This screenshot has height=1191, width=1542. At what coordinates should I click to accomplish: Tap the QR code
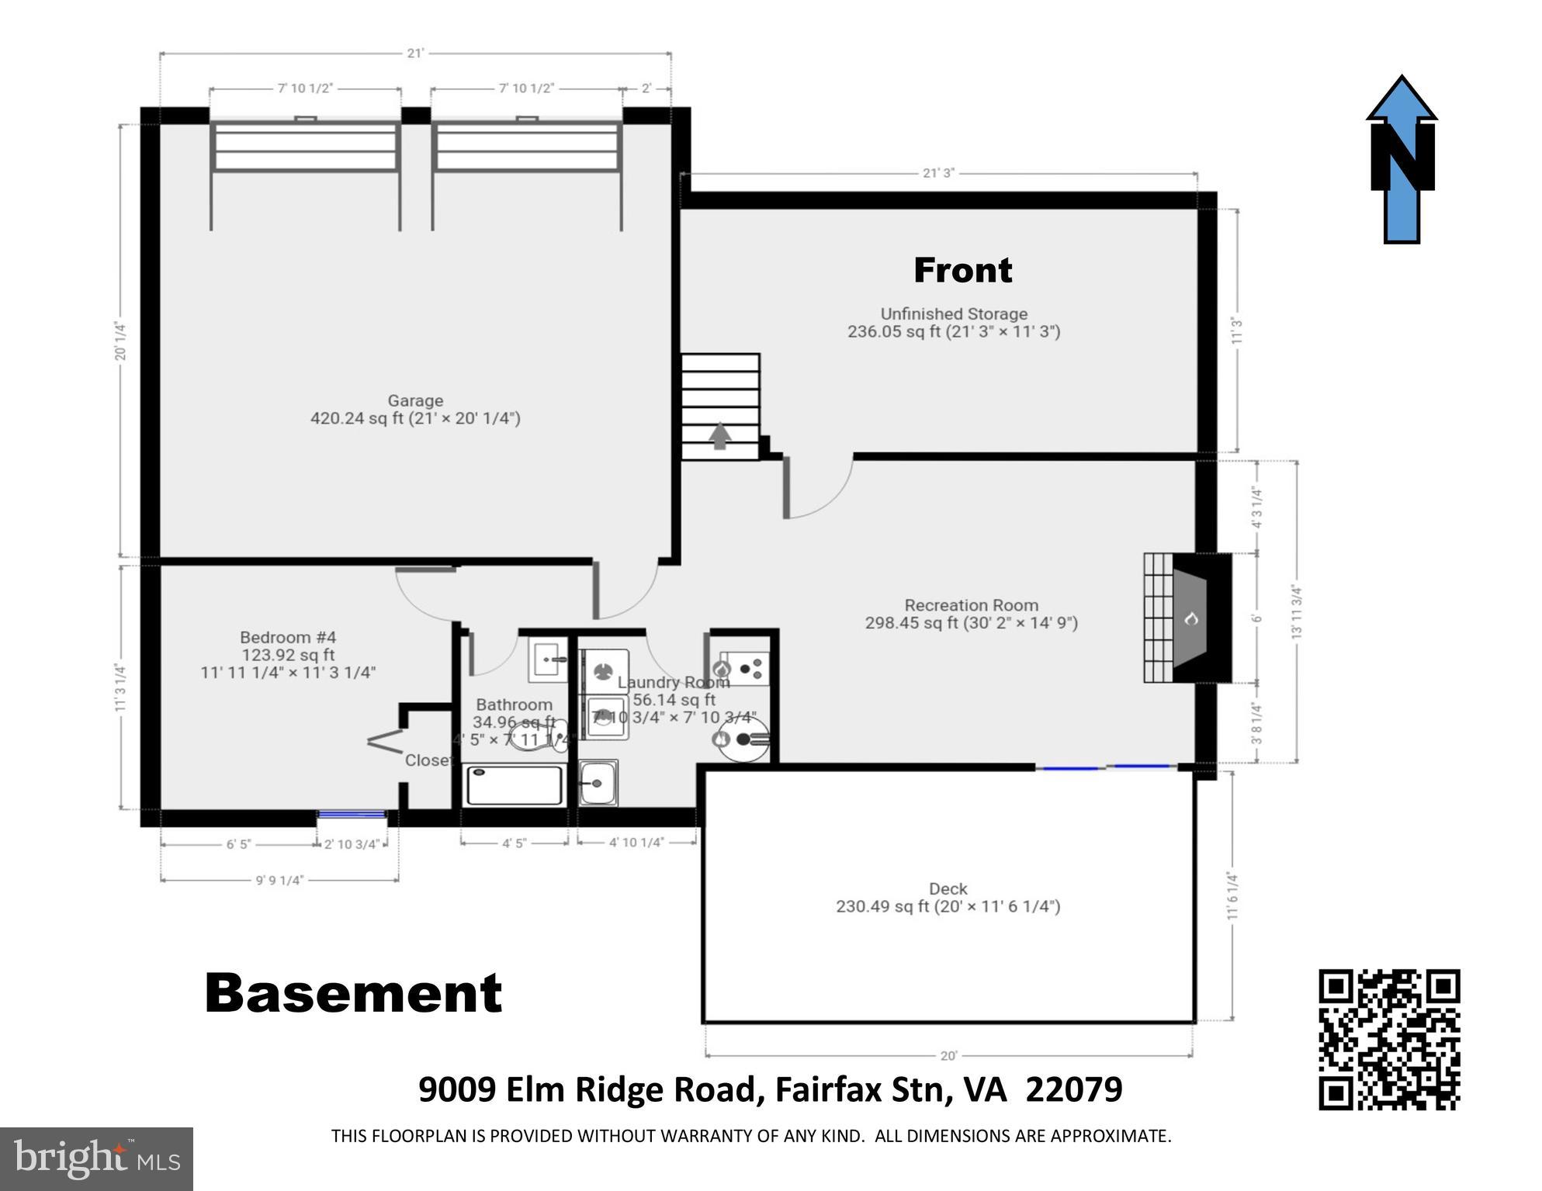(1389, 1039)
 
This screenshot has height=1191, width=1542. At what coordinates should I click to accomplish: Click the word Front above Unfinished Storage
(962, 270)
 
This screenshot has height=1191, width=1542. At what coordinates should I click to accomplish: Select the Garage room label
(415, 401)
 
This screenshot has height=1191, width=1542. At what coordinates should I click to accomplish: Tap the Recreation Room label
(971, 605)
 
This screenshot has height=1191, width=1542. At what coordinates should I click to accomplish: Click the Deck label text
(948, 889)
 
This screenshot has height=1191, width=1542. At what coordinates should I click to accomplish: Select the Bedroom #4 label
(288, 638)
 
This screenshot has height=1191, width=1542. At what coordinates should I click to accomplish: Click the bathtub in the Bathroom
(514, 785)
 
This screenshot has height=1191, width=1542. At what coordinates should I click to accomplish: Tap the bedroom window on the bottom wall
(352, 815)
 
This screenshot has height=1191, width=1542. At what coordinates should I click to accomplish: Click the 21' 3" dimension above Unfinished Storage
(938, 173)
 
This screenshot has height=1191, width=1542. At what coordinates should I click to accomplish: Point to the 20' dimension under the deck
(948, 1056)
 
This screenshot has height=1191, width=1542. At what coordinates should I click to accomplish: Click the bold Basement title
(354, 994)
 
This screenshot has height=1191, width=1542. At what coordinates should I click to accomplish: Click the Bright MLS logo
(96, 1159)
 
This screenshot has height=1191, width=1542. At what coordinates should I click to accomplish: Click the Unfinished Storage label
(954, 314)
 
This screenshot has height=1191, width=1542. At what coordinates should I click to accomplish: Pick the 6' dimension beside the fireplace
(1256, 618)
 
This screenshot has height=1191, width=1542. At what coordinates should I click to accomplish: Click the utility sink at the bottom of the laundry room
(598, 782)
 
